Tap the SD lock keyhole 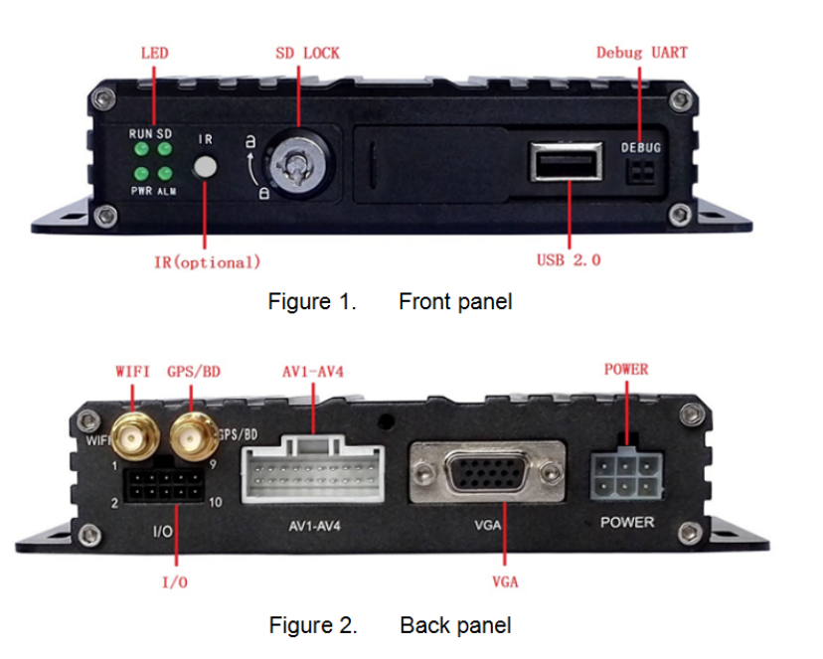pos(292,159)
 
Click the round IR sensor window pos(205,166)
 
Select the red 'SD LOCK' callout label pos(307,52)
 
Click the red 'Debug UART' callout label pos(641,52)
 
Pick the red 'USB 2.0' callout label pos(569,259)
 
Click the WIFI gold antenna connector pos(131,434)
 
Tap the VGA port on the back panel pos(487,476)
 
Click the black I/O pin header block pos(164,488)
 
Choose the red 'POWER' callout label pos(626,370)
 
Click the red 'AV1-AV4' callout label pos(313,372)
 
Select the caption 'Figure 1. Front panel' pos(390,301)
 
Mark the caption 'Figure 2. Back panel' pos(390,625)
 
